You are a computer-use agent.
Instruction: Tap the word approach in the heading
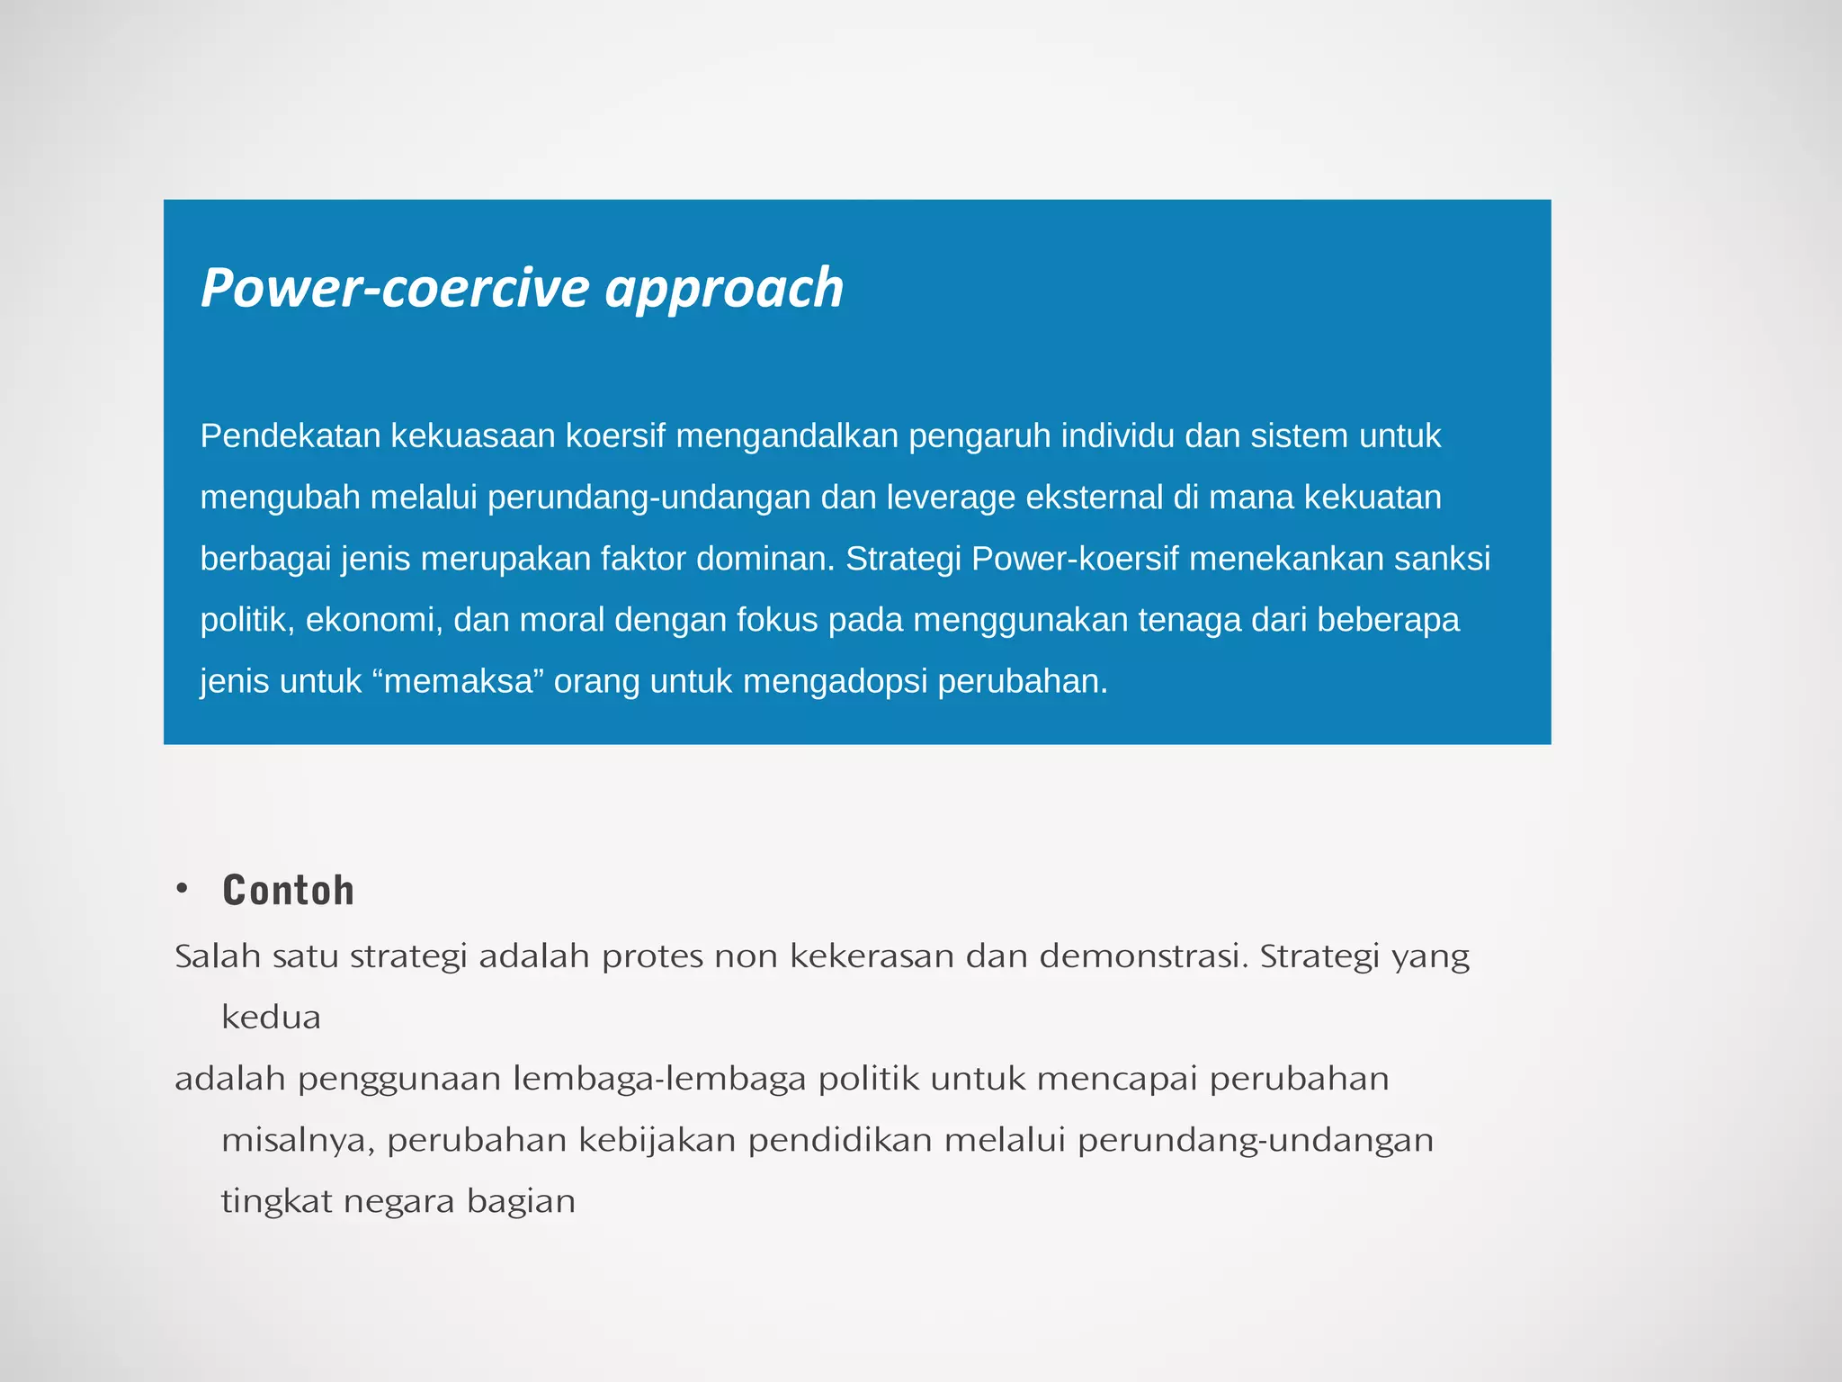coord(724,290)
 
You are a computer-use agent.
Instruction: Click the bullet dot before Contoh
coord(183,889)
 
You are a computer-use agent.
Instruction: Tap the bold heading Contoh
coord(289,891)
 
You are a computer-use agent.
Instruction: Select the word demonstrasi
coord(1144,956)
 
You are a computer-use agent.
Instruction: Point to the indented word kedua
coord(271,1018)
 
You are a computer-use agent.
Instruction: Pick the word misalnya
coord(298,1141)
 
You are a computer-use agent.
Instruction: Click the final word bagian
coord(521,1202)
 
